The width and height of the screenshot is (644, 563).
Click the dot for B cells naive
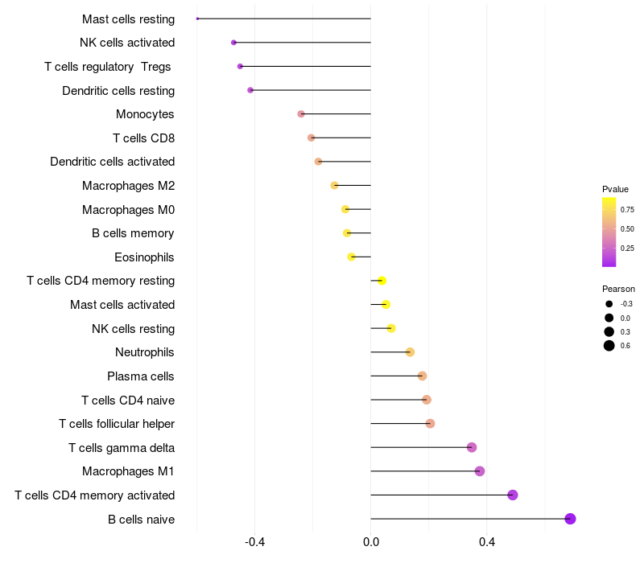tap(570, 519)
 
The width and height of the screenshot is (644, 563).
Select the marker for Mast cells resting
tap(197, 18)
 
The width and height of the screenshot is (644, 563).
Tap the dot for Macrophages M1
tap(480, 471)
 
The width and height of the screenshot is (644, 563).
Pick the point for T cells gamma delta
tap(472, 447)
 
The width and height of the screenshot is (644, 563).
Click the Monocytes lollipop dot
tap(301, 114)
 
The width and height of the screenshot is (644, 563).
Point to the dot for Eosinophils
tap(351, 257)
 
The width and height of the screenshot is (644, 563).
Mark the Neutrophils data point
tap(410, 352)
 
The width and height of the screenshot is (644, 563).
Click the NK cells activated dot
tap(233, 43)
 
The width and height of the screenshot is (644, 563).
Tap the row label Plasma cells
tap(141, 376)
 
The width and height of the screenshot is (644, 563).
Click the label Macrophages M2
tap(128, 186)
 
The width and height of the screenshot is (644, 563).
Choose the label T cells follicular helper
tap(117, 424)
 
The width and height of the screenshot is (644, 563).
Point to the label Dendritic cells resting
tap(118, 91)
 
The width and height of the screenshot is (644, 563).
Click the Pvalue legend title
tap(615, 189)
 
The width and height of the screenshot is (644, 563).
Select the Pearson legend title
tap(618, 289)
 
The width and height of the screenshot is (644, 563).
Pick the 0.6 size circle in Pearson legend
tap(609, 346)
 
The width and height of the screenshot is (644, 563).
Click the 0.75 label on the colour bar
tap(628, 209)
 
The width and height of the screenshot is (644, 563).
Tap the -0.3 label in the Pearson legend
tap(626, 304)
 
